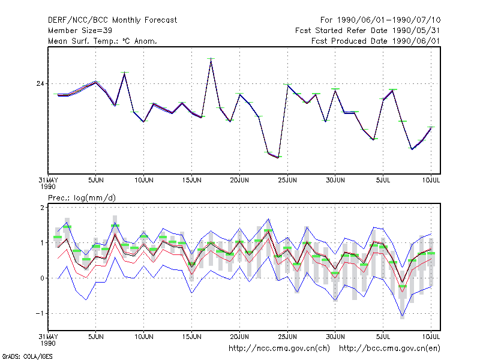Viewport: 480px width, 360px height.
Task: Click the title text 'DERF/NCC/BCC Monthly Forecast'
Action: (x=112, y=20)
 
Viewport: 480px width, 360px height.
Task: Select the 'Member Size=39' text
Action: (x=80, y=31)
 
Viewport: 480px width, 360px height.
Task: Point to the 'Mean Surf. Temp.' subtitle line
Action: (x=102, y=41)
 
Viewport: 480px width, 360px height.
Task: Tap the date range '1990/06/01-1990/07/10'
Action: (x=389, y=20)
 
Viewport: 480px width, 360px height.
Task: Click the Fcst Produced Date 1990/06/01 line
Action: (x=376, y=41)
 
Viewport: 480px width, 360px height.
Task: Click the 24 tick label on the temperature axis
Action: (x=40, y=83)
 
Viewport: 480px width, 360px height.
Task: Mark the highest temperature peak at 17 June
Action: (x=211, y=59)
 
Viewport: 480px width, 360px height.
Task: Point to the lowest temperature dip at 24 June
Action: (x=278, y=157)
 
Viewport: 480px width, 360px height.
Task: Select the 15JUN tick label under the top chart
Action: (x=191, y=181)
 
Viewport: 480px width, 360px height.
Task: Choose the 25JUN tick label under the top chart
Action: (x=287, y=181)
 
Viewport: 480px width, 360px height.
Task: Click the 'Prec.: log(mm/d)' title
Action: (x=82, y=198)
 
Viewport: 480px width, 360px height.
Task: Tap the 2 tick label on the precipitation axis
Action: (x=42, y=208)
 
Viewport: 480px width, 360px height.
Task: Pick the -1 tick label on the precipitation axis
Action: (x=40, y=313)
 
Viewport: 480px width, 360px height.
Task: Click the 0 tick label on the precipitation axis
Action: (x=42, y=278)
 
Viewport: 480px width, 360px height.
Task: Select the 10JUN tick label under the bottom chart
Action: (x=144, y=337)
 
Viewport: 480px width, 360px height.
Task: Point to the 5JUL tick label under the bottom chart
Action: (x=383, y=337)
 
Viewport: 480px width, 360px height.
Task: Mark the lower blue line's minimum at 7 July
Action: (x=402, y=316)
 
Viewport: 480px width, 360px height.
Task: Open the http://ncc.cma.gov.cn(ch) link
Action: (x=279, y=349)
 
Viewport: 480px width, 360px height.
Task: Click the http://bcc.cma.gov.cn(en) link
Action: (x=389, y=349)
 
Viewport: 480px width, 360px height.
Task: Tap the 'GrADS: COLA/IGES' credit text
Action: (x=27, y=356)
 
